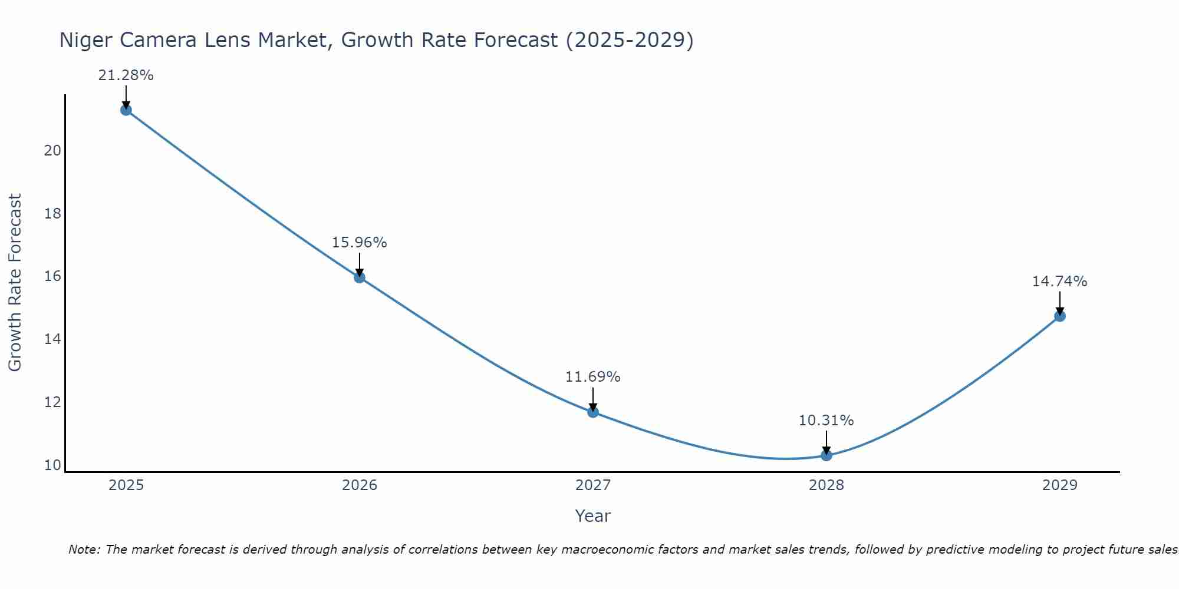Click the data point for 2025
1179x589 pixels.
(126, 110)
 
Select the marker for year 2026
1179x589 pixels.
(360, 277)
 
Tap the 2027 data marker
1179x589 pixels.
(593, 412)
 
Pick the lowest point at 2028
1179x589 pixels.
(826, 455)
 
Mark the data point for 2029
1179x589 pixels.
(1060, 316)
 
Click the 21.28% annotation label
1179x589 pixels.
(126, 75)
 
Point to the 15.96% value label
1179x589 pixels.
(360, 243)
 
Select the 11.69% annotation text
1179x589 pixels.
(593, 377)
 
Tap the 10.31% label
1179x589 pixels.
(826, 421)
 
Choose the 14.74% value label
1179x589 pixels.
(1060, 282)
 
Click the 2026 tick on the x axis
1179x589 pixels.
(360, 485)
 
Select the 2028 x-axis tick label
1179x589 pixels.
(826, 485)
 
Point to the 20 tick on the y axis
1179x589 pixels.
(53, 151)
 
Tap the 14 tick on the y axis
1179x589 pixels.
(53, 339)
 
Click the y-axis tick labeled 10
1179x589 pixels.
(53, 465)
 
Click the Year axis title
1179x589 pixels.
(593, 516)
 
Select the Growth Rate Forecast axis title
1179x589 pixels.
(15, 283)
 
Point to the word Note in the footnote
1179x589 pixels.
(84, 550)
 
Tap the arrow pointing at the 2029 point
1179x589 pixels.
(1060, 303)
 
